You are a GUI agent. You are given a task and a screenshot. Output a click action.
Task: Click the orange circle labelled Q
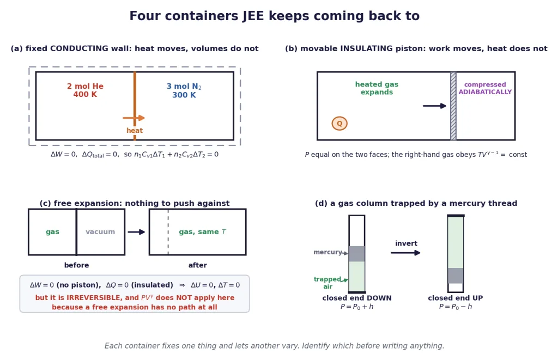click(339, 124)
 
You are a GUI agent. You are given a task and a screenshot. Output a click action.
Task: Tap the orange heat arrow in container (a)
click(134, 118)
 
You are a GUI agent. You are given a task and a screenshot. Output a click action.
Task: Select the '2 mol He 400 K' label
click(85, 90)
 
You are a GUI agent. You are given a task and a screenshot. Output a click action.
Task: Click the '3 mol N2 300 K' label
click(184, 91)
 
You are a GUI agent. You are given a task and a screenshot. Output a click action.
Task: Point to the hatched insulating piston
click(453, 106)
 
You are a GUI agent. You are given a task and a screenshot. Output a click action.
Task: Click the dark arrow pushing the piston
click(434, 106)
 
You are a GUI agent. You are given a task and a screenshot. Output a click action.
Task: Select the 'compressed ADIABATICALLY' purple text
click(485, 88)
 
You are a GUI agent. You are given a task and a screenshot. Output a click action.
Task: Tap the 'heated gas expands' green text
click(377, 88)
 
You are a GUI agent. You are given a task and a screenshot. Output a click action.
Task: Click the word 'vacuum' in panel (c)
click(100, 232)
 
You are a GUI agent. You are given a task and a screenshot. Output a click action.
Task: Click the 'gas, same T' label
click(202, 232)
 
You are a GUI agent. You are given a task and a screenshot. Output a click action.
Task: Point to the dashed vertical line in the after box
click(168, 232)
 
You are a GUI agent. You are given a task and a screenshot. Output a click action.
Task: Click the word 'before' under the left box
click(76, 265)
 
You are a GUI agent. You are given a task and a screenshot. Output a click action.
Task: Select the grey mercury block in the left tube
click(356, 254)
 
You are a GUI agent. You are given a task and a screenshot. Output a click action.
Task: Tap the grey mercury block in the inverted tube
click(456, 276)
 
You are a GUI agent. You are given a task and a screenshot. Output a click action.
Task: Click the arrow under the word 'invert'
click(405, 253)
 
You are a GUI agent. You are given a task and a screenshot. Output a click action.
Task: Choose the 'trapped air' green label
click(327, 283)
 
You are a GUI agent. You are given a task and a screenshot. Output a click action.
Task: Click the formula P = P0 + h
click(357, 307)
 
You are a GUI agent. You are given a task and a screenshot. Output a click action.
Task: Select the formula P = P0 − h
click(456, 307)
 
